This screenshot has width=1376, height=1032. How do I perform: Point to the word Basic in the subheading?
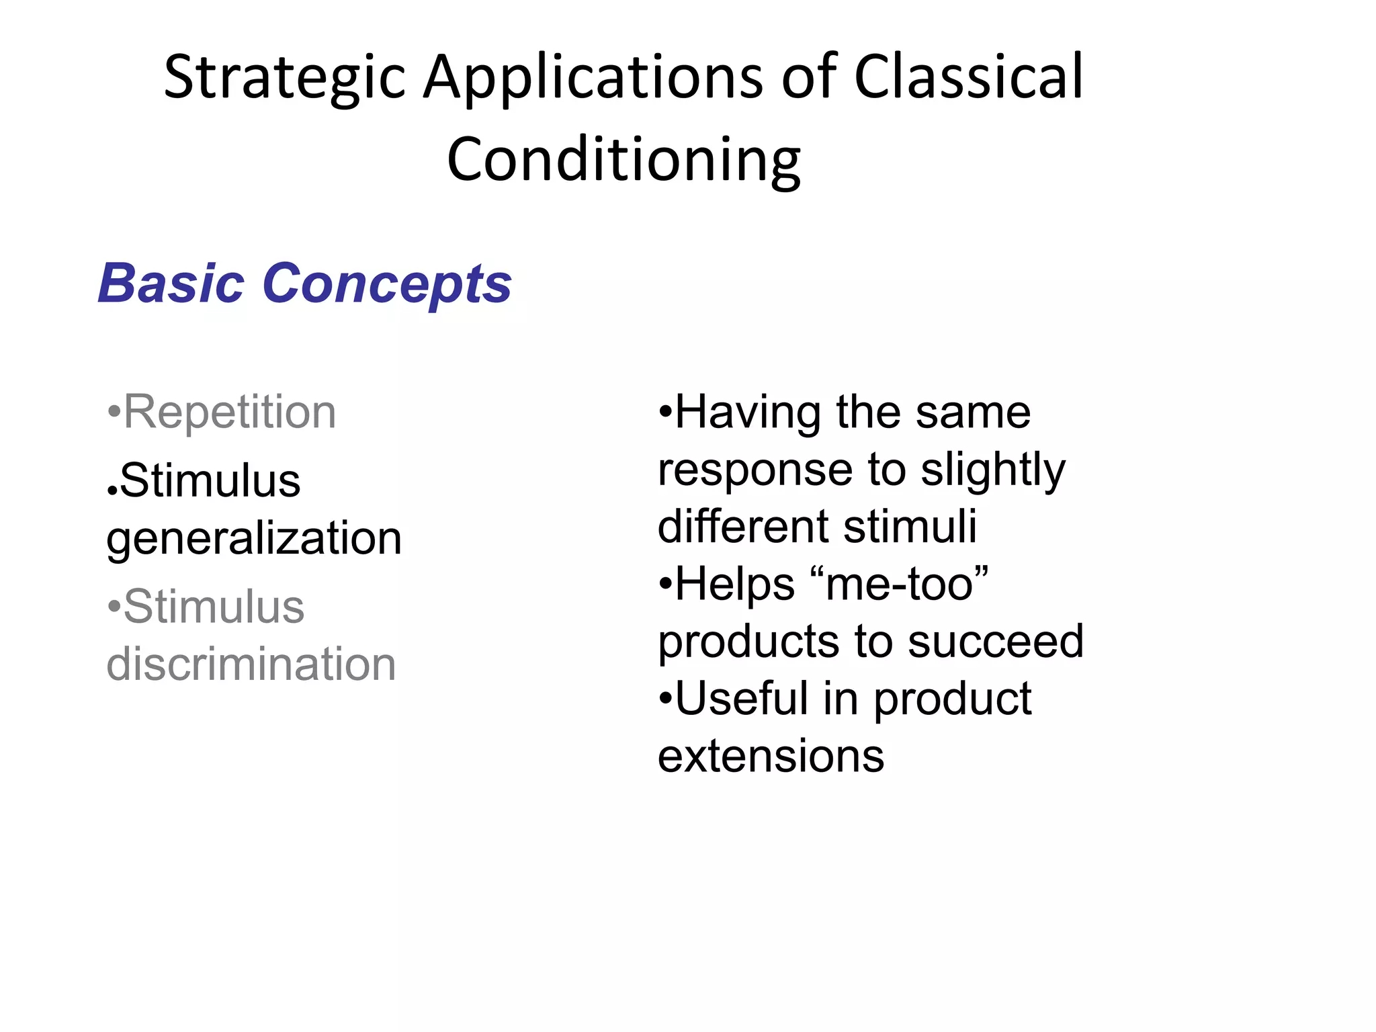pos(171,284)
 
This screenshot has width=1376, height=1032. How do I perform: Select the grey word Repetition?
pos(230,412)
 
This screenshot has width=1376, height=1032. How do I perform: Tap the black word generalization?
pos(254,539)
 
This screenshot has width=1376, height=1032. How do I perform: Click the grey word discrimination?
pos(251,664)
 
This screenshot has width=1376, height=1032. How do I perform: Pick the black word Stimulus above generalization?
pos(210,481)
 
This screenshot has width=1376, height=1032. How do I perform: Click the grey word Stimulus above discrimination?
pos(214,607)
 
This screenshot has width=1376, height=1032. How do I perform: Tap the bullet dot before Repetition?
pos(114,413)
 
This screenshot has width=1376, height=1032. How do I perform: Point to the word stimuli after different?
pos(910,526)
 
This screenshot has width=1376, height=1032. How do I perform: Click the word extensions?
pos(771,757)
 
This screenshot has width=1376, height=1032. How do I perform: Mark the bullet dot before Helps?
pos(664,585)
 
